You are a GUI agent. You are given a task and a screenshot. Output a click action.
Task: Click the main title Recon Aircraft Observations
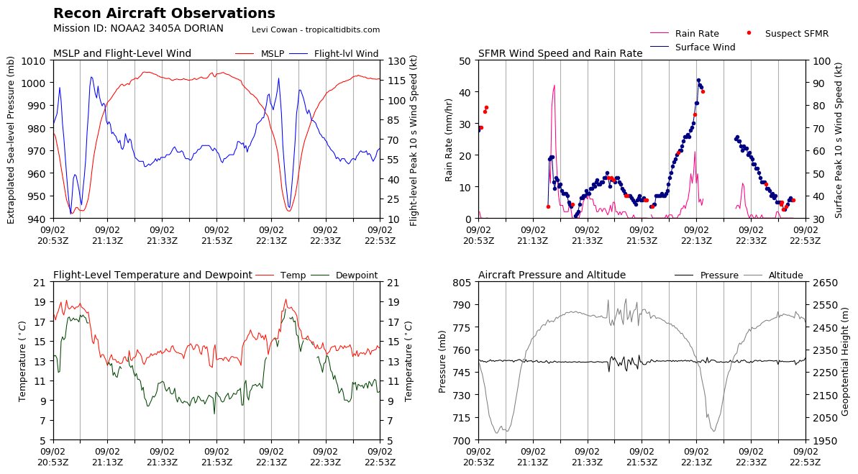[x=164, y=14]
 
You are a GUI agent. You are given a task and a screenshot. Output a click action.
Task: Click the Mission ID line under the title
[x=138, y=29]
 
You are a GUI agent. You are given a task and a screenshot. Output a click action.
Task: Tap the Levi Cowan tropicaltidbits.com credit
[x=316, y=29]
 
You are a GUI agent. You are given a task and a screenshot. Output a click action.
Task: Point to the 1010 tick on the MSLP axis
[x=37, y=60]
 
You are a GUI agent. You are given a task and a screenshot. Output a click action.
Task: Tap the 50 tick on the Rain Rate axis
[x=464, y=60]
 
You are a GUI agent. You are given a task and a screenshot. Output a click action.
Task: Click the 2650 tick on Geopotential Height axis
[x=822, y=282]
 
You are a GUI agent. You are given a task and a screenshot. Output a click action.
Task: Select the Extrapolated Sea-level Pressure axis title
[x=11, y=140]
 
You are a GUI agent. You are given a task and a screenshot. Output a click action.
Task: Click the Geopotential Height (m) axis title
[x=846, y=361]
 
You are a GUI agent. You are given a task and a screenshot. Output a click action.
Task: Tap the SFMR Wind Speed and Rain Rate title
[x=560, y=54]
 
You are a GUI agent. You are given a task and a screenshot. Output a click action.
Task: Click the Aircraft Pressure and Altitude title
[x=552, y=275]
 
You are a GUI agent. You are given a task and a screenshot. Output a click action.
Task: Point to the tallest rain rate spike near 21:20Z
[x=554, y=86]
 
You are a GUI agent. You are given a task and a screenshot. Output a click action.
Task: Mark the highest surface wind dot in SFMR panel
[x=698, y=81]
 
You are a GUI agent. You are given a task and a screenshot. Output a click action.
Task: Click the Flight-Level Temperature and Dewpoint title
[x=152, y=275]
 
